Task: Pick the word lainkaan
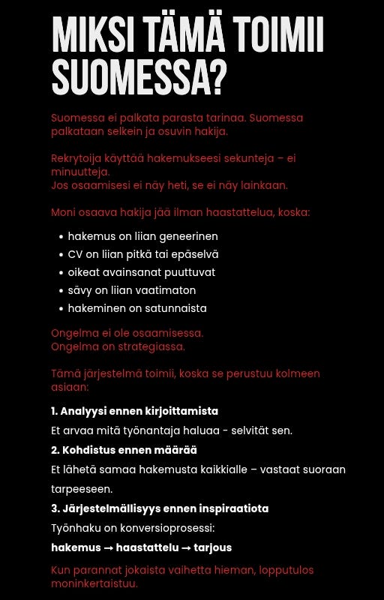pyautogui.click(x=262, y=185)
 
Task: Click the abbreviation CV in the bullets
pyautogui.click(x=76, y=254)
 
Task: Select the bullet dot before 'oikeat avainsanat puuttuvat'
pyautogui.click(x=61, y=273)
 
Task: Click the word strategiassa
pyautogui.click(x=151, y=346)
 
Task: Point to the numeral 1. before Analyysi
pyautogui.click(x=54, y=411)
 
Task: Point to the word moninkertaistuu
pyautogui.click(x=94, y=583)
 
